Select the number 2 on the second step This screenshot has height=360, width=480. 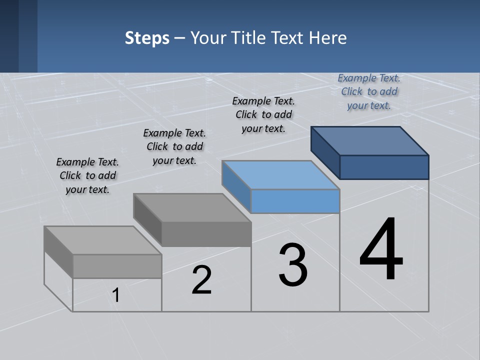pos(201,280)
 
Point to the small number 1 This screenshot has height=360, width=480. pos(116,295)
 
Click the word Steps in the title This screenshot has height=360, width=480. pos(147,38)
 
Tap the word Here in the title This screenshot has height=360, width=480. pos(328,38)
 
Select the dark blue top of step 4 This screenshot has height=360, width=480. pos(370,140)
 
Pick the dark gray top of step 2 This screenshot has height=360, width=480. pos(192,207)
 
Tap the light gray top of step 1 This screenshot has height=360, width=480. pos(102,240)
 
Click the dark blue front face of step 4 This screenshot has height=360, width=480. pos(384,167)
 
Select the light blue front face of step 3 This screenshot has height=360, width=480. pos(295,201)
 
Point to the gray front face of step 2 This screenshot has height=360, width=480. pos(206,234)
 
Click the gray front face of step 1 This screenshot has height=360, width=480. pos(117,266)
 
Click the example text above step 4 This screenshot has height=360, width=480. pos(369,91)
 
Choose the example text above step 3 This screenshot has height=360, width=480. pos(263,114)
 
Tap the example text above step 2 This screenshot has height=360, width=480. pos(174,146)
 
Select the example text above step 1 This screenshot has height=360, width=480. pos(87,175)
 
